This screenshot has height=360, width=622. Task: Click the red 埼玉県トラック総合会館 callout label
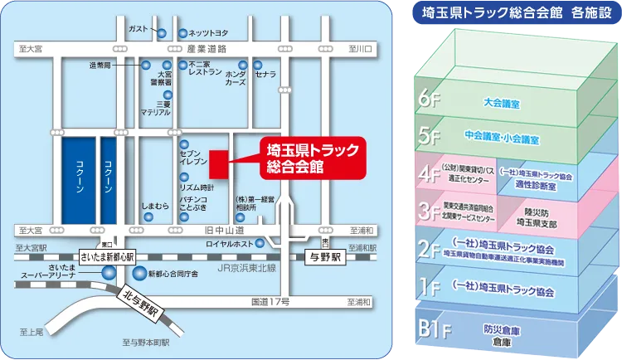299,157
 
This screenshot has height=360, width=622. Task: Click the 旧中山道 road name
225,229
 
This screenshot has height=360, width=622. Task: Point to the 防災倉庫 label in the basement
501,328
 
